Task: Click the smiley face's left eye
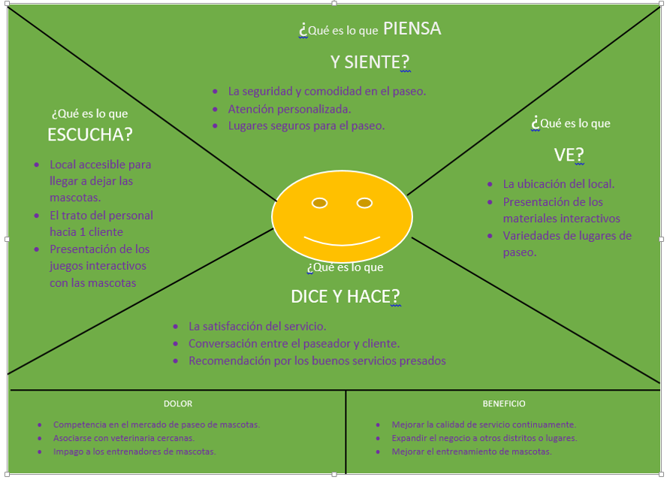coord(319,203)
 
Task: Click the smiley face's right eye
coord(364,203)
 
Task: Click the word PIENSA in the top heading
coord(412,29)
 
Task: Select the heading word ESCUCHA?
coord(89,134)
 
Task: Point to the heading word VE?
coord(569,155)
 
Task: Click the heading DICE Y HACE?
coord(345,297)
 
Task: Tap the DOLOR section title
coord(178,403)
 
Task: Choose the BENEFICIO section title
coord(504,403)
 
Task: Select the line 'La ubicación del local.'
coord(558,184)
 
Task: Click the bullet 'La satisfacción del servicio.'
coord(257,327)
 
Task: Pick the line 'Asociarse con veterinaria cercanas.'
coord(124,438)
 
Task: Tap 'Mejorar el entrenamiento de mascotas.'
coord(472,451)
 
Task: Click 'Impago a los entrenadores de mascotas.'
coord(134,451)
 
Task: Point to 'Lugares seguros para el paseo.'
coord(306,126)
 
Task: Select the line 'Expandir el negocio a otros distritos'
coord(484,438)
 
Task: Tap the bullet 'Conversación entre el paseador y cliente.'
coord(294,344)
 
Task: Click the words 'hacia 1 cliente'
coord(86,232)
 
